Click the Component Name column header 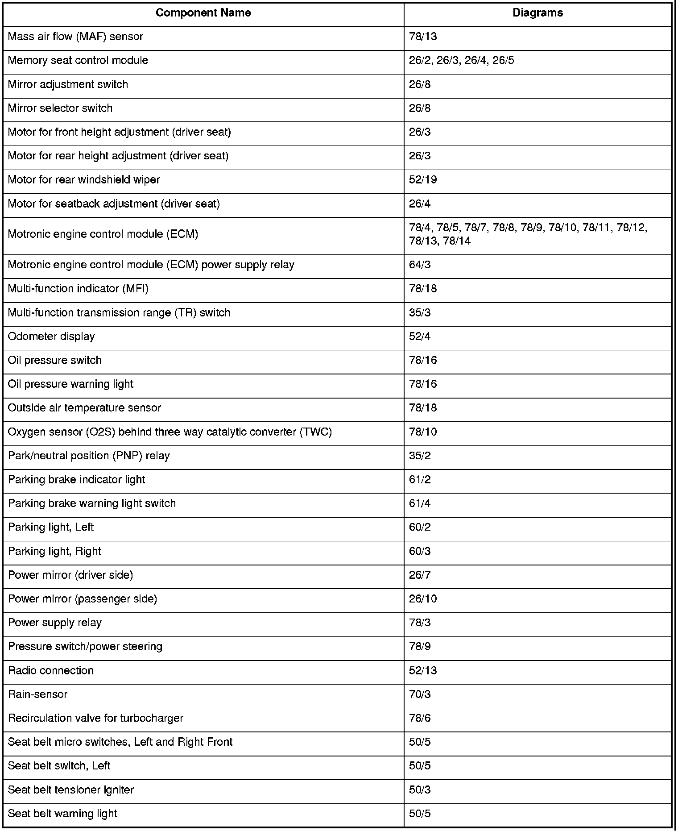(203, 13)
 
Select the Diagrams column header (537, 13)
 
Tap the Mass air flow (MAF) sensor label (75, 37)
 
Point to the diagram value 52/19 (423, 180)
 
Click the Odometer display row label (51, 337)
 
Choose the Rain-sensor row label (38, 694)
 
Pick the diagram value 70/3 (420, 694)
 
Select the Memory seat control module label (78, 61)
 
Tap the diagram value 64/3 (420, 265)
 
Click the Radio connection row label (51, 671)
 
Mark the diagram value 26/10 (423, 599)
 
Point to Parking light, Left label (51, 528)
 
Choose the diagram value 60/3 (420, 551)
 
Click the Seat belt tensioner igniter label (71, 790)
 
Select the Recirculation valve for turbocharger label (95, 718)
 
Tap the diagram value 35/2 (420, 456)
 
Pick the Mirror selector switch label (60, 108)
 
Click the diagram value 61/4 (420, 503)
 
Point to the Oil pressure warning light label (70, 384)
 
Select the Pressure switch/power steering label (85, 647)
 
